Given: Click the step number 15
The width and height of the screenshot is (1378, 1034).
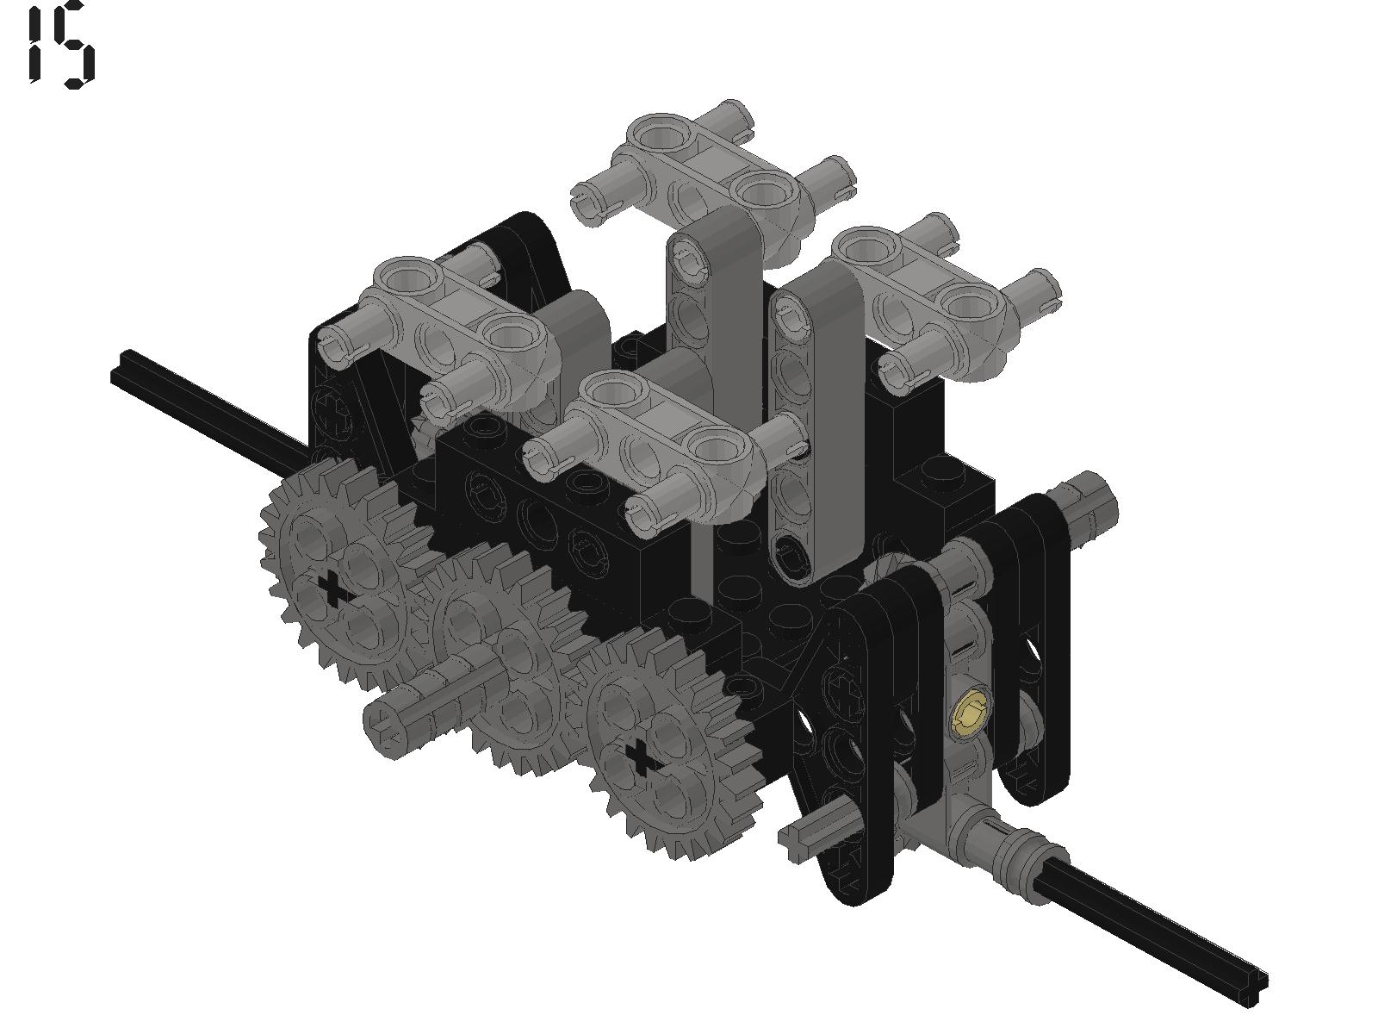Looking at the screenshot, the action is pyautogui.click(x=61, y=45).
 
